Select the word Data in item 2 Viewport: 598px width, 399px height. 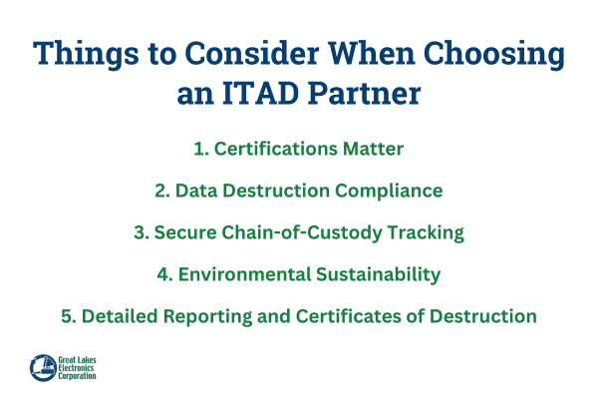click(x=196, y=191)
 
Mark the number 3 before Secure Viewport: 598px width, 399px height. click(x=139, y=232)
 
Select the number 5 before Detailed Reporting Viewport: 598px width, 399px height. click(x=66, y=316)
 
